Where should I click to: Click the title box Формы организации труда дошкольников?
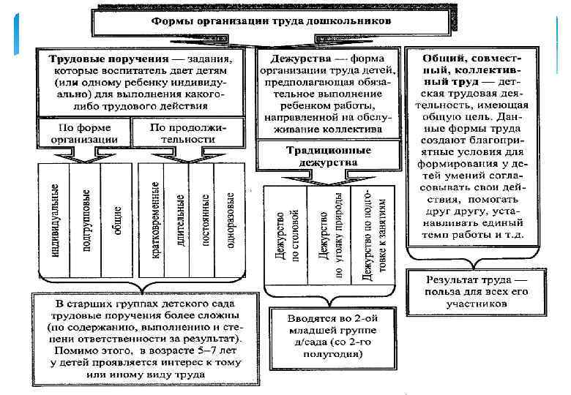[271, 21]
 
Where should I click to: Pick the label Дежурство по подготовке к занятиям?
[372, 234]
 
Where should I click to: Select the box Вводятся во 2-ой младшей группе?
[328, 334]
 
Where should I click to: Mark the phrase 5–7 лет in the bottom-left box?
[195, 352]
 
